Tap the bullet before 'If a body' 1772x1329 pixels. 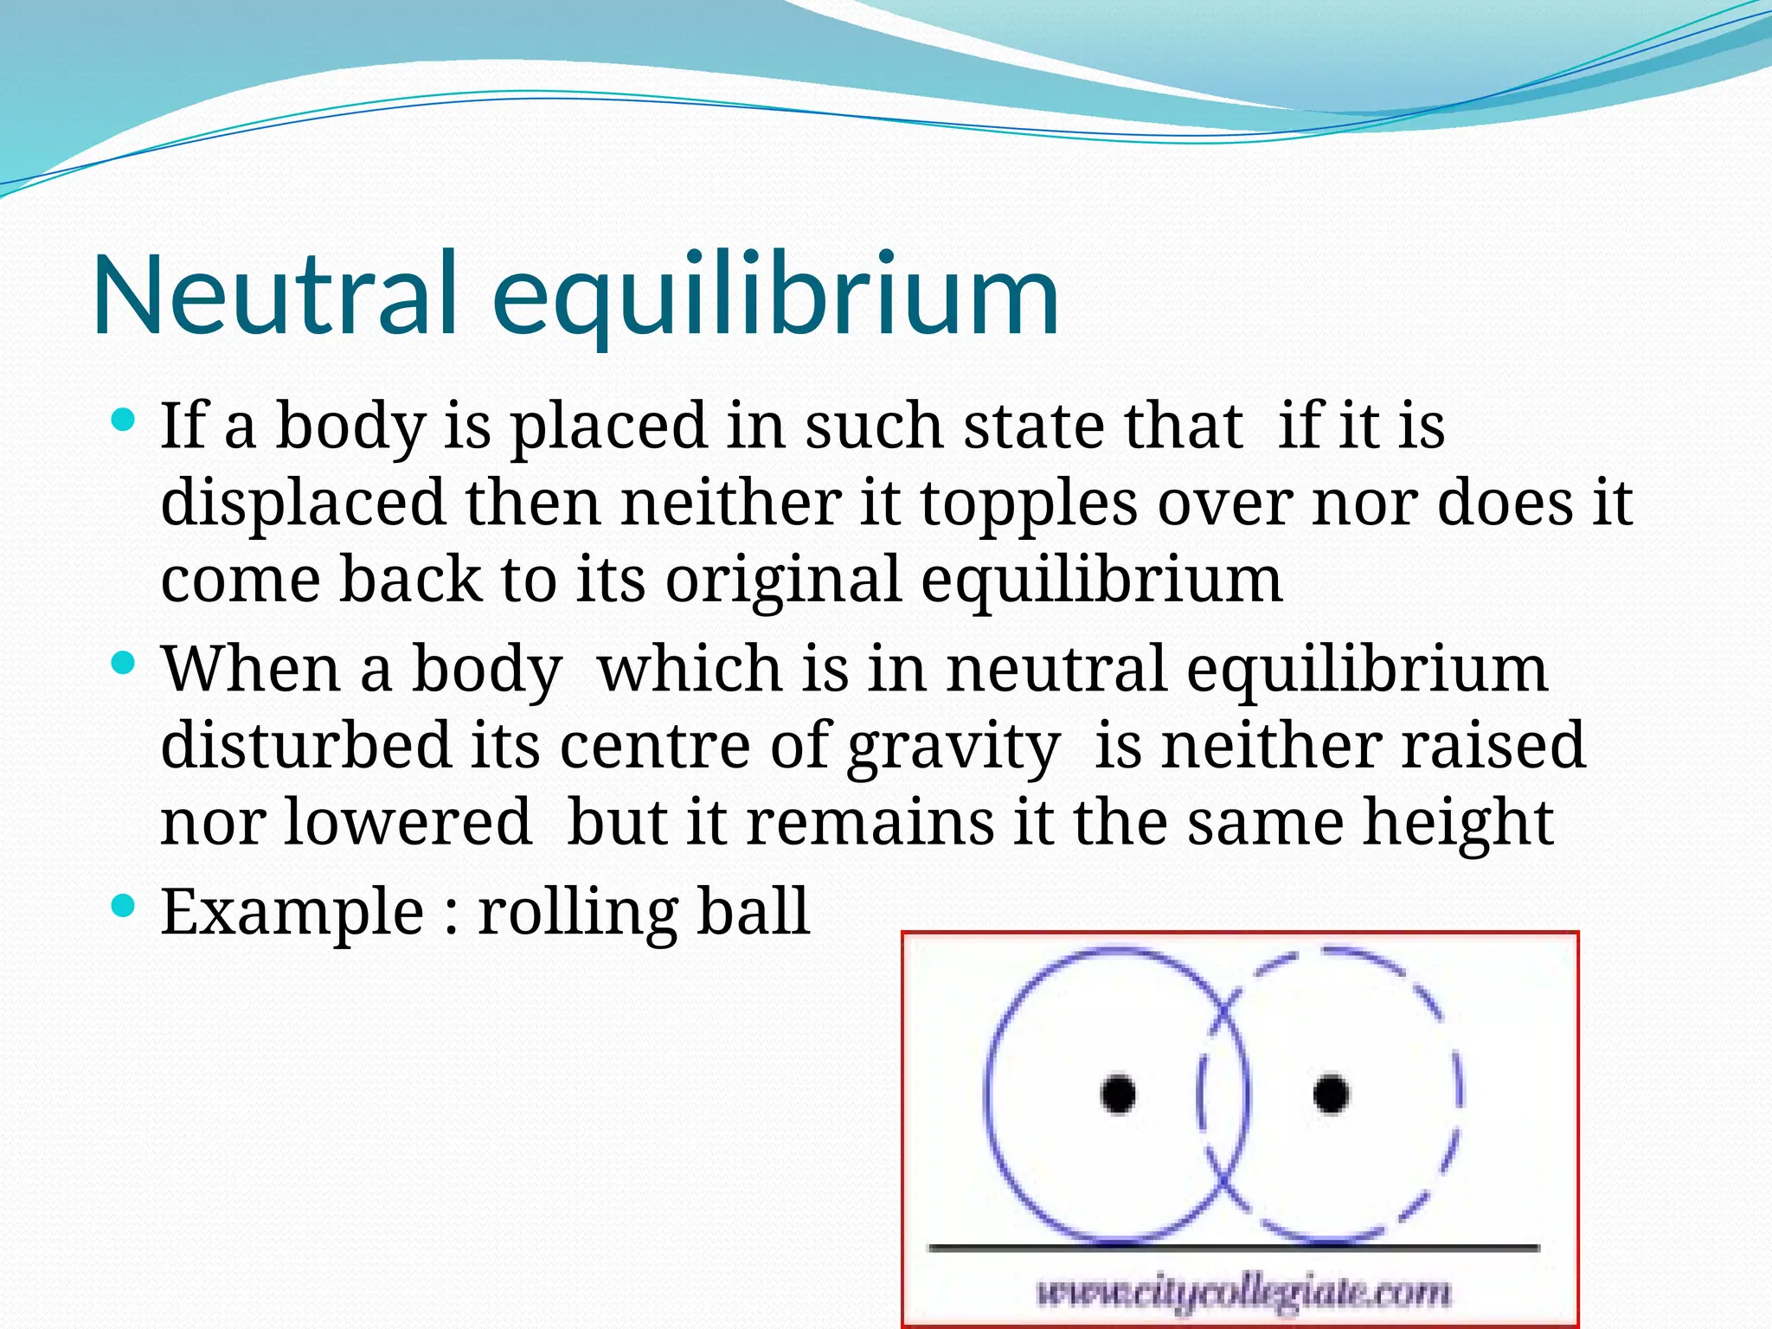click(x=125, y=422)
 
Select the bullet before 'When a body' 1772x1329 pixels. click(x=125, y=664)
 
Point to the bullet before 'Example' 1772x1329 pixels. click(x=125, y=907)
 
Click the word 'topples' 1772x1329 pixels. click(x=1028, y=504)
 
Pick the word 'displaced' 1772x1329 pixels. click(x=304, y=504)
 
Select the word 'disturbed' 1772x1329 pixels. click(x=305, y=745)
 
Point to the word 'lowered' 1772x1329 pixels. click(x=407, y=821)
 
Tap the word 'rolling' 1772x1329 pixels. click(x=577, y=913)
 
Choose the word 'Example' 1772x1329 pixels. click(x=292, y=913)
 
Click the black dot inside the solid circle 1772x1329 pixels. click(x=1118, y=1094)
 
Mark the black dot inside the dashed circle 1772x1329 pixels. click(x=1331, y=1094)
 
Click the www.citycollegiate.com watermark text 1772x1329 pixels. click(x=1243, y=1294)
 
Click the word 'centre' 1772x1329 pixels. click(x=655, y=745)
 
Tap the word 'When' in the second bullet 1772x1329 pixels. click(x=251, y=669)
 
